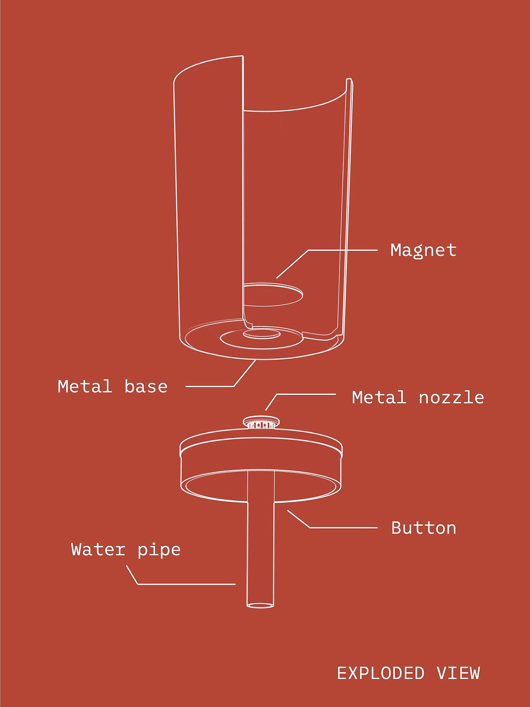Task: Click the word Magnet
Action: pyautogui.click(x=423, y=251)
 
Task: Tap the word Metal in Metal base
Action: pyautogui.click(x=85, y=387)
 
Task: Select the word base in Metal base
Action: pyautogui.click(x=146, y=387)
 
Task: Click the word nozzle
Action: pyautogui.click(x=451, y=398)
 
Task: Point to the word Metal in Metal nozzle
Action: pyautogui.click(x=379, y=398)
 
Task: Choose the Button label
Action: pyautogui.click(x=424, y=528)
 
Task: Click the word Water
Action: pyautogui.click(x=98, y=549)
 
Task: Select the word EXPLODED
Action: pyautogui.click(x=380, y=673)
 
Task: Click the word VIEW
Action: pyautogui.click(x=458, y=673)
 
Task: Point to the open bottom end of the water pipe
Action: pyautogui.click(x=260, y=605)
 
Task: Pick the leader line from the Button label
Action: pyautogui.click(x=341, y=527)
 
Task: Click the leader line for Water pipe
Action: pyautogui.click(x=185, y=584)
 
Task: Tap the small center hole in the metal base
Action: pyautogui.click(x=261, y=334)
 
